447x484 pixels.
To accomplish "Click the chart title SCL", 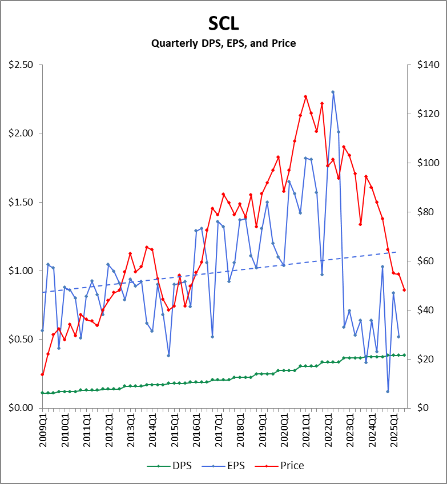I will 223,23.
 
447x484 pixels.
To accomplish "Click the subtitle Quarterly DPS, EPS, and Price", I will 223,43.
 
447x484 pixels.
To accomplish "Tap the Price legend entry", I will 291,466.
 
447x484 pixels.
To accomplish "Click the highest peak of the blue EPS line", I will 333,92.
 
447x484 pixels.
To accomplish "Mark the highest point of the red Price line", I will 305,96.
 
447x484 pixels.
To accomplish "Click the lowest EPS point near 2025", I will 388,392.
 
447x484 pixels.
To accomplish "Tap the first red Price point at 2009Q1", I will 42,374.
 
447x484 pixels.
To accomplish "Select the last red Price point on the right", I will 404,290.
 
